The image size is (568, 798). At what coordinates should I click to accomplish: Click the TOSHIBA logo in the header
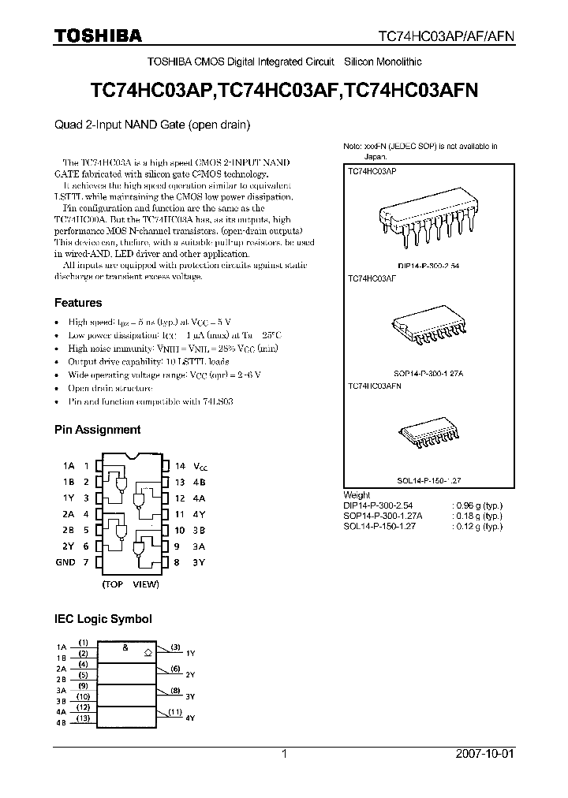tap(98, 35)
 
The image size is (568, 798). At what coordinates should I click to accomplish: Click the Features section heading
tap(78, 303)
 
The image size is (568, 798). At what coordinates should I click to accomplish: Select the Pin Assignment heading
tap(97, 430)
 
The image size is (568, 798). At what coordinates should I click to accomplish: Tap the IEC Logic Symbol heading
tap(103, 619)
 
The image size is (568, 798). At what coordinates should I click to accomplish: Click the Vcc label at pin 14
tap(201, 467)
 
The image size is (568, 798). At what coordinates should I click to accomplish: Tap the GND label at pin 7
tap(65, 562)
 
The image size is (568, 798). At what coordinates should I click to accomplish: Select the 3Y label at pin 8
tap(200, 562)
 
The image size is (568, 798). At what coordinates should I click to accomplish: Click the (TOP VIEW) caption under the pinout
tap(130, 584)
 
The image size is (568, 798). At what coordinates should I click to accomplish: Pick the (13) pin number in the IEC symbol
tap(82, 718)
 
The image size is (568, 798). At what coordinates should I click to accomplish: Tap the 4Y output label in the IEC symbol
tap(190, 718)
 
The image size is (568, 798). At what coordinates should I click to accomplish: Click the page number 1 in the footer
tap(284, 754)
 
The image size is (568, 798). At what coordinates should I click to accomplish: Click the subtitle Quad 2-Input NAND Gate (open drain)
tap(152, 124)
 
